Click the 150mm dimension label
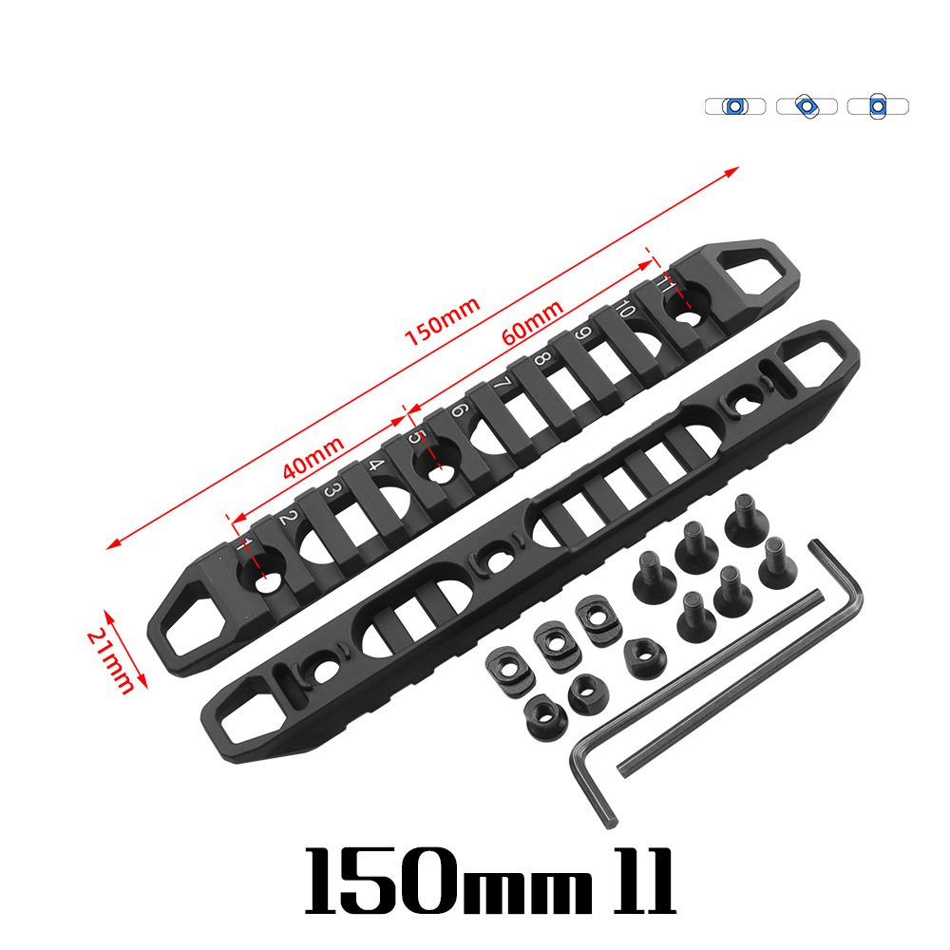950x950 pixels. (443, 321)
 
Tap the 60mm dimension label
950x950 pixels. (533, 322)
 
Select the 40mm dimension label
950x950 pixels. (313, 457)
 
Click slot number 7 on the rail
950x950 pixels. (503, 384)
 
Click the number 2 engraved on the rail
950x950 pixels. (288, 519)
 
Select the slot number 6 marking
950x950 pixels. (459, 409)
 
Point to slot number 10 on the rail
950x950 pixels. (625, 309)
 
